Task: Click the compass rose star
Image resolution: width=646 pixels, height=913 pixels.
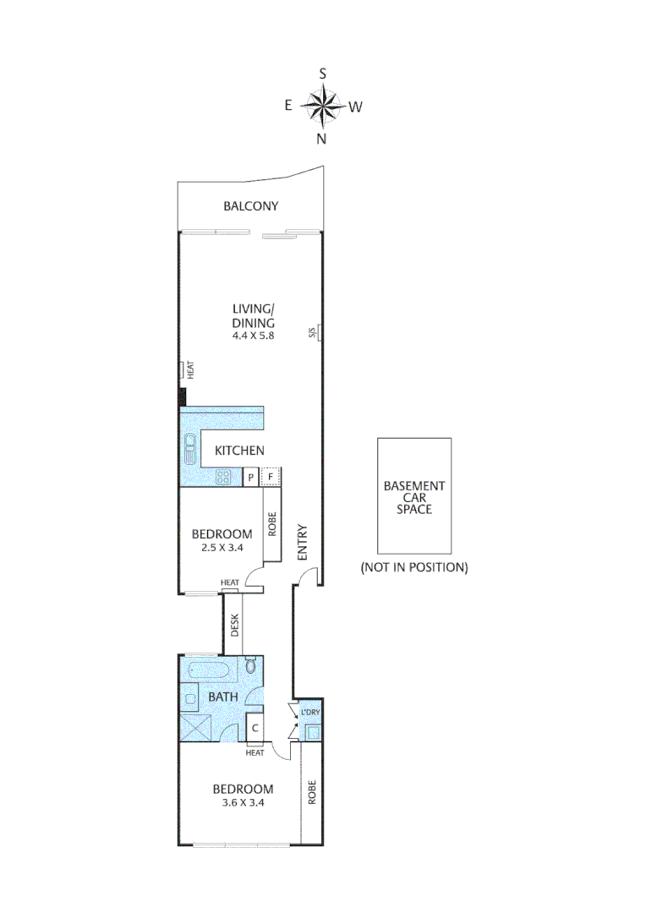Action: click(x=322, y=107)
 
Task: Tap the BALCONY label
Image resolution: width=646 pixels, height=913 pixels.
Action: click(x=251, y=206)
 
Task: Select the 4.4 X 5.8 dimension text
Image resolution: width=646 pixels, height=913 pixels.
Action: click(x=255, y=335)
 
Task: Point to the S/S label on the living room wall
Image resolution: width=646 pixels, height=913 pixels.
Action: click(x=312, y=332)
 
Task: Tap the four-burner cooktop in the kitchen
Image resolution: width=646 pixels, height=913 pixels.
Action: click(x=226, y=478)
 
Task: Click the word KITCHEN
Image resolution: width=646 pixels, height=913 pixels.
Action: click(x=239, y=451)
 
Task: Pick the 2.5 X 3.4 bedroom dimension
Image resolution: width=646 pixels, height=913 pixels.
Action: click(x=222, y=548)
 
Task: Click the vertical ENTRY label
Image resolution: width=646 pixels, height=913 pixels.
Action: click(x=302, y=543)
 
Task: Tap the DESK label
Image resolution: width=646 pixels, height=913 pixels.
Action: click(x=236, y=625)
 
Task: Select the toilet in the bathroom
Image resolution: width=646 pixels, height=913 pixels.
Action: click(x=250, y=668)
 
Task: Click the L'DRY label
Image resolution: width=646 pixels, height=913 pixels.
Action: click(x=309, y=713)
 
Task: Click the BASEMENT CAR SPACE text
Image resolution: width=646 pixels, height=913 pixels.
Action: click(x=413, y=497)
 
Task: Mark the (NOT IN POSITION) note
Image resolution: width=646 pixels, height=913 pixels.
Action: click(x=413, y=567)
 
